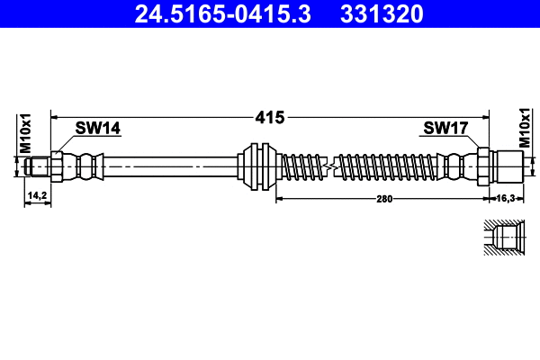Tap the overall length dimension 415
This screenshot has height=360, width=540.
coord(269,117)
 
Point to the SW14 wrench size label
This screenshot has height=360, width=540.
coord(97,129)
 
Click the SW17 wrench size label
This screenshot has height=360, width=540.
coord(445,129)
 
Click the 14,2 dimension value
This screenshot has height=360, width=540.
coord(37,194)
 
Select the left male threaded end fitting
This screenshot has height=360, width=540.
coord(38,166)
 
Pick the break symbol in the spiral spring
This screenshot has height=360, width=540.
coord(332,166)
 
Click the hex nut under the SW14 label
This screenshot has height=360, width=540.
coord(58,166)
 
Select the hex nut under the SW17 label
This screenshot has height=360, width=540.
coord(482,166)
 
